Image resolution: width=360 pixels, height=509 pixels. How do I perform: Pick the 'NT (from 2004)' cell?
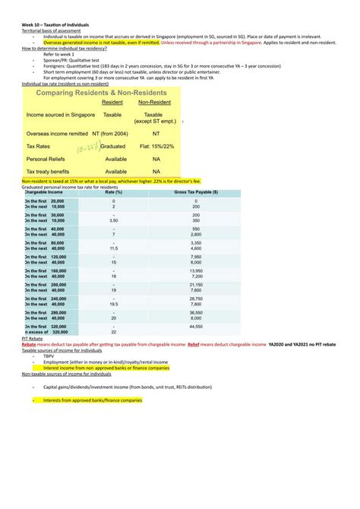pyautogui.click(x=114, y=133)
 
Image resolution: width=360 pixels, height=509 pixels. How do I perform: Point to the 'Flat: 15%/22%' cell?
pyautogui.click(x=155, y=147)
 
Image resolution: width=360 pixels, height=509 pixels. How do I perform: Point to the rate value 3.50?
pyautogui.click(x=113, y=220)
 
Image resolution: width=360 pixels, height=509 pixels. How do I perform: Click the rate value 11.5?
pyautogui.click(x=113, y=248)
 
